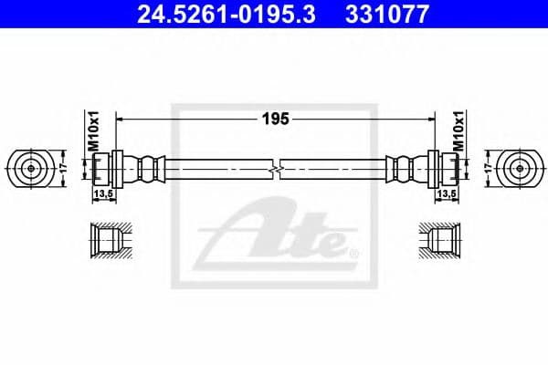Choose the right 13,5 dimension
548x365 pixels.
click(x=446, y=194)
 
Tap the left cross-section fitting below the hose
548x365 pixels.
click(x=107, y=239)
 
